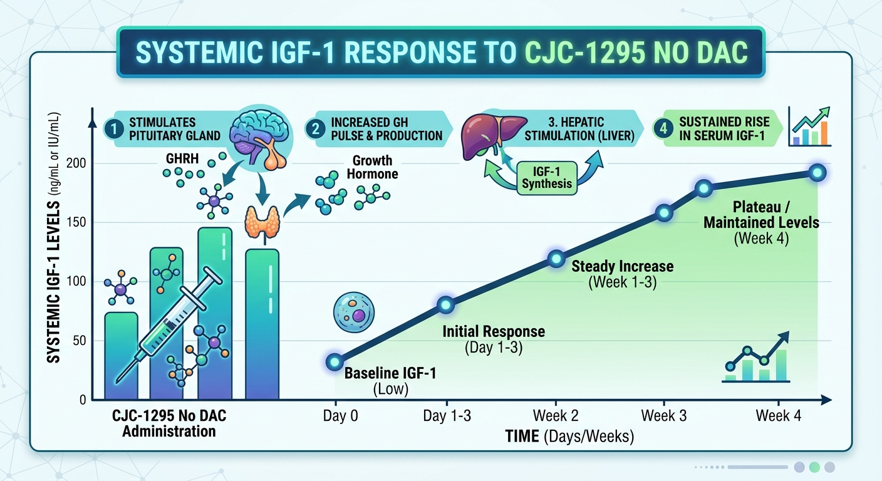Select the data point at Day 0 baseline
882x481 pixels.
tap(335, 361)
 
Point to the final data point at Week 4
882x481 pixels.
tap(817, 173)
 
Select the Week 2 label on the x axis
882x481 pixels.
tap(554, 416)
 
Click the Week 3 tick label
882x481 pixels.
tap(664, 416)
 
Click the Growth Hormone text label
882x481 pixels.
tap(372, 167)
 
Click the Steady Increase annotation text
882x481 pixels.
tap(622, 267)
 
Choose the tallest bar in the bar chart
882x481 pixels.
tap(215, 313)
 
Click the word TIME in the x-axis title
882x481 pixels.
tap(522, 436)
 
